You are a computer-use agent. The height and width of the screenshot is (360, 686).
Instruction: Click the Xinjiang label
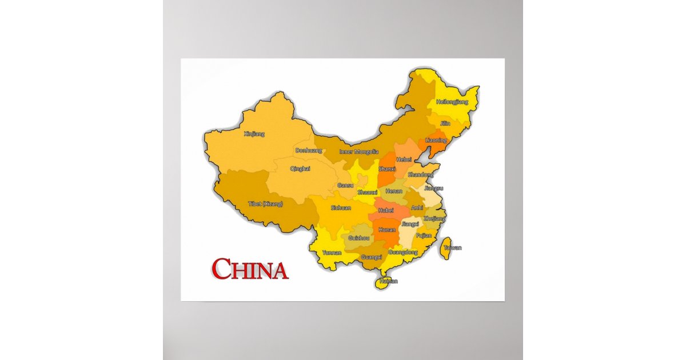tap(254, 134)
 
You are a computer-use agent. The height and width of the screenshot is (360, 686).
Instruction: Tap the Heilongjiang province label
tap(452, 102)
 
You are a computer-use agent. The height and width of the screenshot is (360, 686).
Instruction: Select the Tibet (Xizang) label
tap(265, 203)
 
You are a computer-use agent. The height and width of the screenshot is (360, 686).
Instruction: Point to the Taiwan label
tap(452, 247)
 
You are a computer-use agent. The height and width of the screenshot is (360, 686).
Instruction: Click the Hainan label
tap(388, 281)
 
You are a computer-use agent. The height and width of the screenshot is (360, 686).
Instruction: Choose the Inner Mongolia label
tap(359, 151)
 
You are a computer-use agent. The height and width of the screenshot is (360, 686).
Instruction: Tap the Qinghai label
tap(300, 169)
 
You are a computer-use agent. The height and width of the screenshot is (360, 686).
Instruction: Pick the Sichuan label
tap(341, 208)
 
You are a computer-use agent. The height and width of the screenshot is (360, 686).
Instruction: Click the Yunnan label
tap(332, 252)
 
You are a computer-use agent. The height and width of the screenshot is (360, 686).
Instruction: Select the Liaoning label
tap(436, 140)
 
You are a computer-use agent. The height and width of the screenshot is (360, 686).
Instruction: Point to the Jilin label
tap(445, 123)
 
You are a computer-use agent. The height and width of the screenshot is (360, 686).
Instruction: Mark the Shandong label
tap(420, 174)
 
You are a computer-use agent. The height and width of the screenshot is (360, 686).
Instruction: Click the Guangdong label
tap(402, 251)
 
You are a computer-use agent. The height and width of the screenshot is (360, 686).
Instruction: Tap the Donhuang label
tap(309, 151)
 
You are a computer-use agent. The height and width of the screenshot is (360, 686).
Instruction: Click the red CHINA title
tap(250, 270)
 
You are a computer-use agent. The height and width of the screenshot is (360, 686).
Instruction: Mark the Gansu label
tap(345, 185)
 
